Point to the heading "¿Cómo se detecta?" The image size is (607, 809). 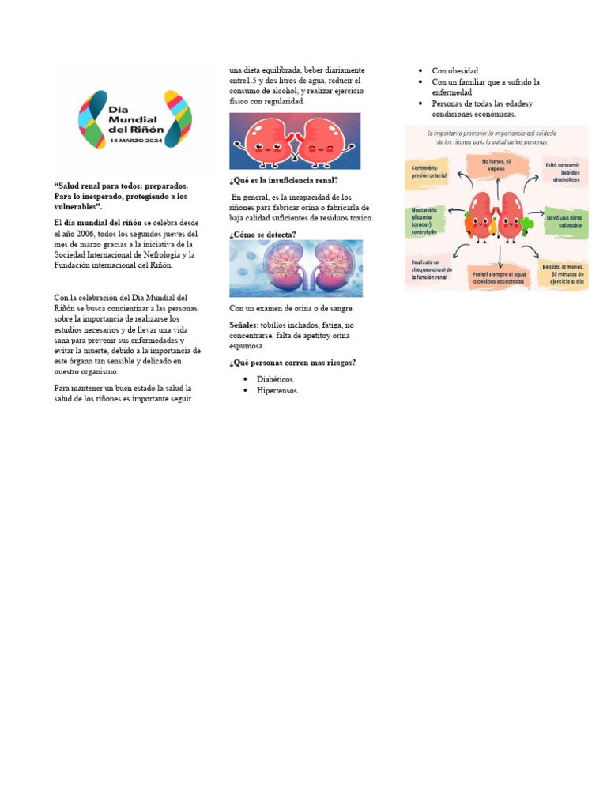[262, 235]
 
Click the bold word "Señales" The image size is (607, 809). [243, 325]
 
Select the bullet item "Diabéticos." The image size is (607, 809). [276, 379]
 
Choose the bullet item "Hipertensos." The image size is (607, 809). [277, 390]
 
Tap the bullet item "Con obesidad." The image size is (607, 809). [455, 70]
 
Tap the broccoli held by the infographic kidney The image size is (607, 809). [528, 224]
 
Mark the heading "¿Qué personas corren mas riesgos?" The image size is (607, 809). [292, 363]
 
